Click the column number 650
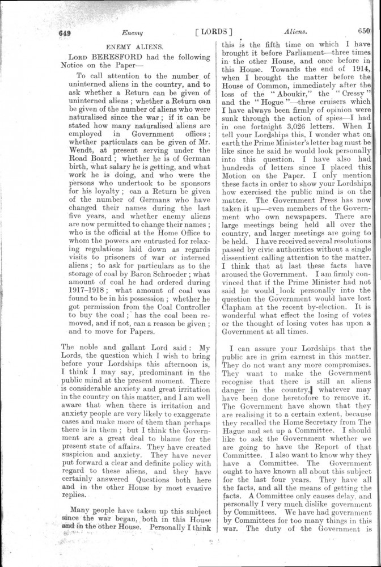(x=363, y=32)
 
